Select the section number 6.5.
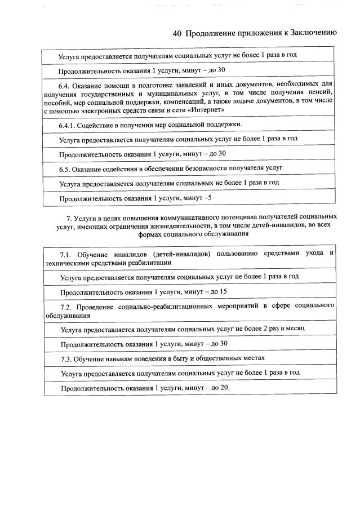pos(66,168)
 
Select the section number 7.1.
pos(66,254)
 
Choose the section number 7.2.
pos(66,307)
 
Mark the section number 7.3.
pos(66,358)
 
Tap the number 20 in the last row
pos(224,388)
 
